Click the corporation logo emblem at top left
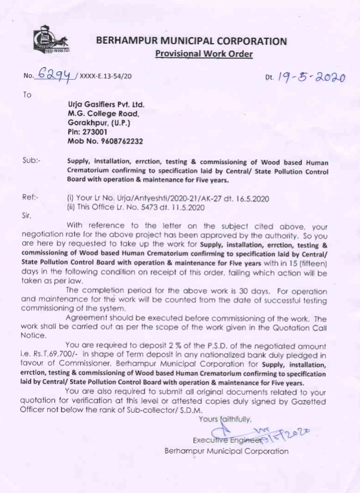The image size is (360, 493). tap(50, 40)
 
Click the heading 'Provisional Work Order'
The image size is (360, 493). tap(203, 54)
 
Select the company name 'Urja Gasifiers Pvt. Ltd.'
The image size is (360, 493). tap(106, 104)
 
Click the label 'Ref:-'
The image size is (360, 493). tap(31, 196)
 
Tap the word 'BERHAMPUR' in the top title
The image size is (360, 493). tap(126, 41)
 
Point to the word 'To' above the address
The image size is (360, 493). tap(28, 94)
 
